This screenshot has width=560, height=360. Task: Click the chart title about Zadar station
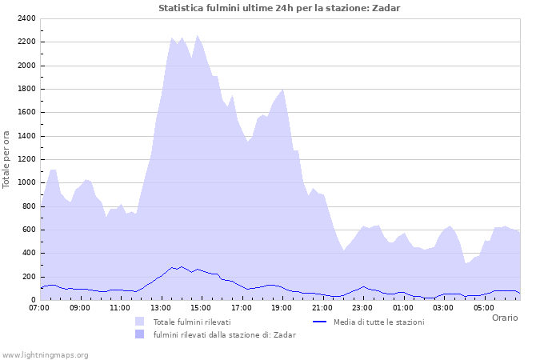pyautogui.click(x=279, y=8)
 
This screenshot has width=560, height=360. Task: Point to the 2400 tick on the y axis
pyautogui.click(x=26, y=18)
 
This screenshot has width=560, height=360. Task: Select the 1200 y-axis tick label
pyautogui.click(x=26, y=159)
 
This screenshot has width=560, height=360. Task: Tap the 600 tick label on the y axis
pyautogui.click(x=28, y=230)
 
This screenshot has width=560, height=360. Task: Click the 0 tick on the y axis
pyautogui.click(x=33, y=300)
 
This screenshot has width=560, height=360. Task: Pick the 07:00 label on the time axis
pyautogui.click(x=40, y=307)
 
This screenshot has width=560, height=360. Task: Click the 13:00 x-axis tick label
pyautogui.click(x=161, y=307)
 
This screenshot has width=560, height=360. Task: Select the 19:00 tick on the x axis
pyautogui.click(x=282, y=307)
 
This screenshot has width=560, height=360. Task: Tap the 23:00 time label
pyautogui.click(x=362, y=307)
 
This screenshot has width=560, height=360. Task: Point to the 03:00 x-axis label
pyautogui.click(x=443, y=307)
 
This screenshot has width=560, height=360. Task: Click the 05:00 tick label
pyautogui.click(x=483, y=307)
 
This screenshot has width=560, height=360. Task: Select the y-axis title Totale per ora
pyautogui.click(x=7, y=158)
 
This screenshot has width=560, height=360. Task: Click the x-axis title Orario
pyautogui.click(x=505, y=318)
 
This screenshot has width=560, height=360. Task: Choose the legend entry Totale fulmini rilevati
pyautogui.click(x=192, y=322)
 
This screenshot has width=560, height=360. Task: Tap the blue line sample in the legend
pyautogui.click(x=320, y=322)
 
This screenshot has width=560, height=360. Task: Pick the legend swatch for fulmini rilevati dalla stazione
pyautogui.click(x=141, y=334)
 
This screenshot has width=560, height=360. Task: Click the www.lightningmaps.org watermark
pyautogui.click(x=45, y=354)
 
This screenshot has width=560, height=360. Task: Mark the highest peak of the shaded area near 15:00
pyautogui.click(x=197, y=35)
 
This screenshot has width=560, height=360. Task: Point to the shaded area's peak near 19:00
pyautogui.click(x=282, y=90)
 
